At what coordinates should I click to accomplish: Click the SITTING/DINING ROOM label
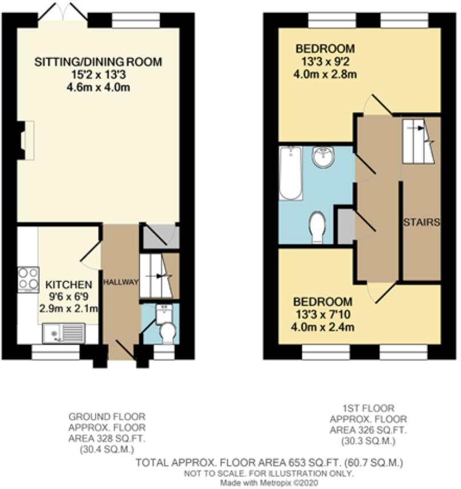[98, 62]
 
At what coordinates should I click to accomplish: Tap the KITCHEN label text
[68, 284]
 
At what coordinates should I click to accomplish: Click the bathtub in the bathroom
[291, 173]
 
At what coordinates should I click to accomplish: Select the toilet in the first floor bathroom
[317, 228]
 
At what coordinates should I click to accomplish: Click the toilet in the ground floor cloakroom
[167, 332]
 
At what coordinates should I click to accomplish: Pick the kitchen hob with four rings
[27, 279]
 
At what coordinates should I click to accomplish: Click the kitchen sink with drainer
[63, 333]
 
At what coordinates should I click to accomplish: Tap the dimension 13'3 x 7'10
[323, 314]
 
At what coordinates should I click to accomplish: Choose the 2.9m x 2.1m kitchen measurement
[68, 308]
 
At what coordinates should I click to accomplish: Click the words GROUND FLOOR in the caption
[107, 416]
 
